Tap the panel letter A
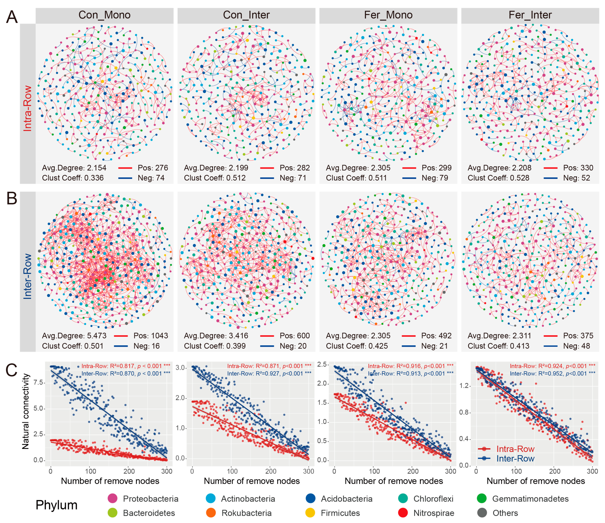pos(12,17)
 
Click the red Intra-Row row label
pos(27,108)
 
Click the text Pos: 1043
pos(151,336)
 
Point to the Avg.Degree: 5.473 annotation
pos(74,336)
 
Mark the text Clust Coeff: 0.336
pos(73,178)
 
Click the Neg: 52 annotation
pos(576,178)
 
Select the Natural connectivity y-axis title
pos(25,411)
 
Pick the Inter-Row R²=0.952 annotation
pos(552,373)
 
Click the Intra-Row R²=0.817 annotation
pos(125,366)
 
